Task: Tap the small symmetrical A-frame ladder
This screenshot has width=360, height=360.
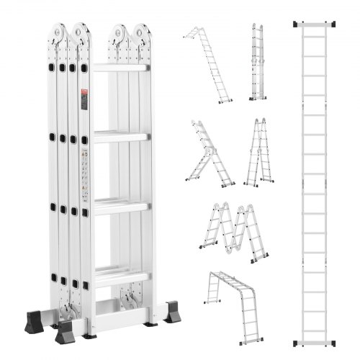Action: click(256, 153)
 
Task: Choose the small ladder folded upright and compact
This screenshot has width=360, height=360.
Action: click(258, 63)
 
